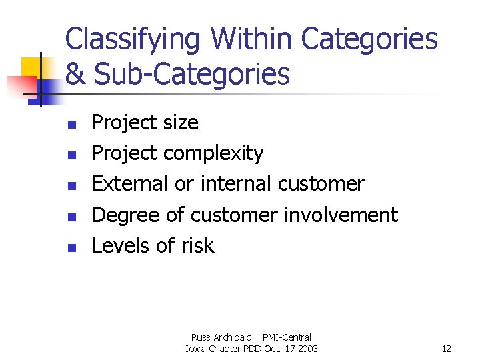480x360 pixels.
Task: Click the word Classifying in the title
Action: pyautogui.click(x=132, y=39)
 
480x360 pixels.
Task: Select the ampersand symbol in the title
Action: pyautogui.click(x=75, y=74)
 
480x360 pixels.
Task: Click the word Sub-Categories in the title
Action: pyautogui.click(x=192, y=75)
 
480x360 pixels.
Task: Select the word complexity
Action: pyautogui.click(x=214, y=154)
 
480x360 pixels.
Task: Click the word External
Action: pyautogui.click(x=130, y=183)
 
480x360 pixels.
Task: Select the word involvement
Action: pyautogui.click(x=341, y=215)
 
